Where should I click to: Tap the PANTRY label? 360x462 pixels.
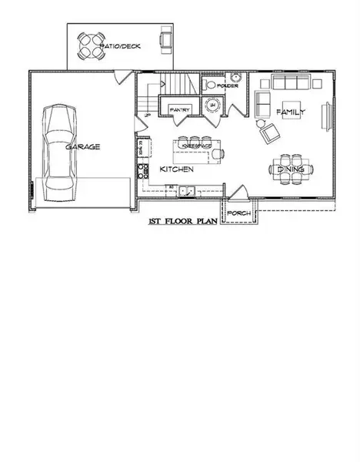(179, 109)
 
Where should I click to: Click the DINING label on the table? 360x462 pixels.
(292, 169)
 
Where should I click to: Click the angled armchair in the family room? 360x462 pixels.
(269, 132)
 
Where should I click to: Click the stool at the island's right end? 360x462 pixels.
(221, 153)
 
